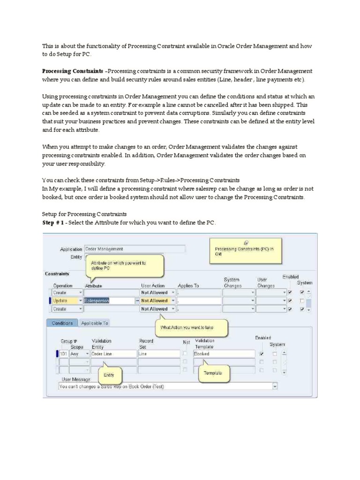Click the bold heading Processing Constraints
(x=72, y=71)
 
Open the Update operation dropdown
(x=80, y=300)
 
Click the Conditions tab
(x=62, y=323)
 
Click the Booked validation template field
(x=224, y=354)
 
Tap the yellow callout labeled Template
(x=209, y=373)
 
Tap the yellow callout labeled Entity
(x=109, y=375)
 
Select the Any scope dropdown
(x=80, y=354)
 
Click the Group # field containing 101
(x=63, y=354)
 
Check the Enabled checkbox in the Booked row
(x=261, y=354)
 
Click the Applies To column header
(x=188, y=285)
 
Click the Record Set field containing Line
(x=158, y=354)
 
